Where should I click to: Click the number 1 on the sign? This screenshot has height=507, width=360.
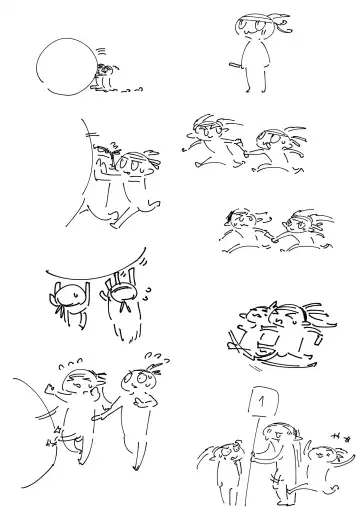(262, 401)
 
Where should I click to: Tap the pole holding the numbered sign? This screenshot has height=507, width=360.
(253, 460)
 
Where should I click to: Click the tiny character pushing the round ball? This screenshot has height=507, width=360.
(104, 78)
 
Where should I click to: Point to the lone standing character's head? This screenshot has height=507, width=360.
(252, 26)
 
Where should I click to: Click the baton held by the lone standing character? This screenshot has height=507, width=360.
(235, 65)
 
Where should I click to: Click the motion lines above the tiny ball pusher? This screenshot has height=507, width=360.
(101, 51)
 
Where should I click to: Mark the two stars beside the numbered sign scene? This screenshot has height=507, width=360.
(341, 437)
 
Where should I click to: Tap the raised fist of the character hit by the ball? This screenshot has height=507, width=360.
(50, 388)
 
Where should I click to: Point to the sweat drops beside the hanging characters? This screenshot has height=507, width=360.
(147, 294)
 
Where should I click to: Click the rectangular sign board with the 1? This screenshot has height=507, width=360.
(263, 401)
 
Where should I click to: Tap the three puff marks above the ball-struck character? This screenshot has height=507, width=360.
(70, 364)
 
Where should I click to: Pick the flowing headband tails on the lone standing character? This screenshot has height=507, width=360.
(281, 23)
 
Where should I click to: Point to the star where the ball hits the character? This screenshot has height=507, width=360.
(59, 429)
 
